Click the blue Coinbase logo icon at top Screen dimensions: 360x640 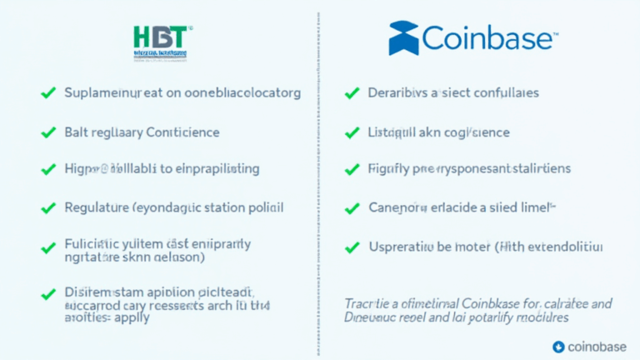tap(404, 38)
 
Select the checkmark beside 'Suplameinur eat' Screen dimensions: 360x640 tap(47, 93)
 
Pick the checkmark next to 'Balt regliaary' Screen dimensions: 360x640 tap(47, 132)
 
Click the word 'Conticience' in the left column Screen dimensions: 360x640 tap(182, 132)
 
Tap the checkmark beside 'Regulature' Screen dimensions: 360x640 tap(47, 206)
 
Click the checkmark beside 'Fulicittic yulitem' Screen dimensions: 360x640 tap(47, 247)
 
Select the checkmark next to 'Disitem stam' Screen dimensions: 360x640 tap(47, 292)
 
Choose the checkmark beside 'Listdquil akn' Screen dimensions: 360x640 tap(352, 132)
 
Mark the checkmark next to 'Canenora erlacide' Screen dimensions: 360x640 tap(352, 207)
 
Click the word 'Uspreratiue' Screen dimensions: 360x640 tap(406, 247)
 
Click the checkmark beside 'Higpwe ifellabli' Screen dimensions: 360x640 tap(47, 168)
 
